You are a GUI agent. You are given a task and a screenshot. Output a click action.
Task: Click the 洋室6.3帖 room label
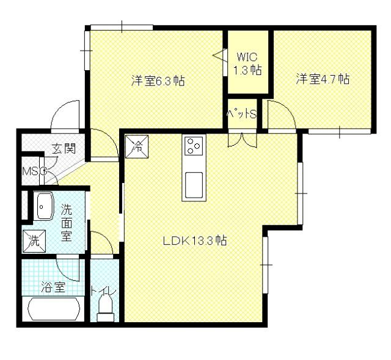coord(158,81)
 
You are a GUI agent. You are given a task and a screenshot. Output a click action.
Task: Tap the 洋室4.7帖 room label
coord(323,79)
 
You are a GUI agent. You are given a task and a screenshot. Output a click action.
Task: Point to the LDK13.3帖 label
coord(195,240)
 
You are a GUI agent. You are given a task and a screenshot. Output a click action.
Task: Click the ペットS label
coord(241,113)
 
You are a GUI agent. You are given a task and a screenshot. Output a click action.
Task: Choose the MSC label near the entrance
coord(34,171)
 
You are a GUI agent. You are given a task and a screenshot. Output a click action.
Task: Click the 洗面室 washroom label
coord(67,222)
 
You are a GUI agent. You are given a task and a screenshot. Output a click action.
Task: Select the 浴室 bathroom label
coord(53,287)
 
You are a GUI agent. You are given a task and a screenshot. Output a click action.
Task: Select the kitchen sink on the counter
coord(194,183)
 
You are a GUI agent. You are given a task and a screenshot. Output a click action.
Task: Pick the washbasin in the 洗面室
coord(43,206)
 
